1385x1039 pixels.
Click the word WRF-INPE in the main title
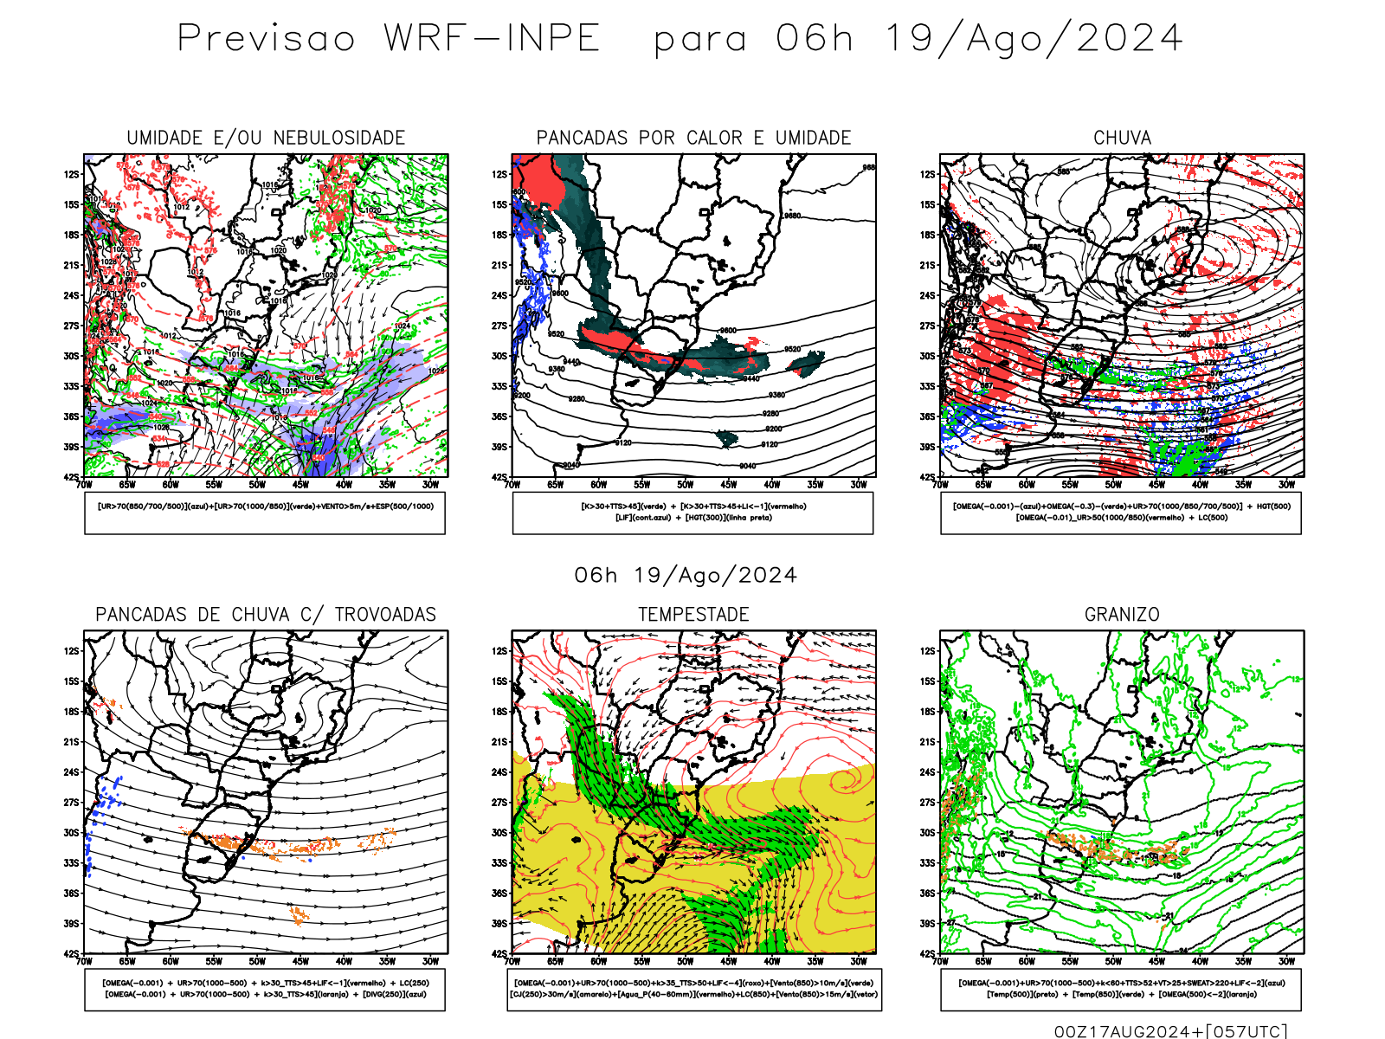pos(492,39)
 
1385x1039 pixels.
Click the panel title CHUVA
pos(1122,138)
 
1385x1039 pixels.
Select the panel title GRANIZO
pos(1122,615)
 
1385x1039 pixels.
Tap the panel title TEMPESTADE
pos(693,615)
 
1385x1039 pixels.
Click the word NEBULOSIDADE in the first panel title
pos(339,138)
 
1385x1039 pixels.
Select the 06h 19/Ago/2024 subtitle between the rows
pos(686,576)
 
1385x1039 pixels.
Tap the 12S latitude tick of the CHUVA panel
pos(928,174)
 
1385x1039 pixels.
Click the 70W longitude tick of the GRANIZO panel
pos(941,961)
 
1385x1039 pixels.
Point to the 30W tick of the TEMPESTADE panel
pos(858,961)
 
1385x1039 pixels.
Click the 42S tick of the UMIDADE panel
pos(71,477)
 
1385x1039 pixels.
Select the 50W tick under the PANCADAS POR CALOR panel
pos(685,485)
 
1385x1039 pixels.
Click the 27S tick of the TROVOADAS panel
pos(71,803)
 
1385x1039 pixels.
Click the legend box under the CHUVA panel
pos(1121,513)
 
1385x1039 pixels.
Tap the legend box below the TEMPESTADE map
pos(693,989)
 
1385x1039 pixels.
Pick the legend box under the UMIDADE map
pos(265,513)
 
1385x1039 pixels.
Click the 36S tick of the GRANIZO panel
pos(928,894)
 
